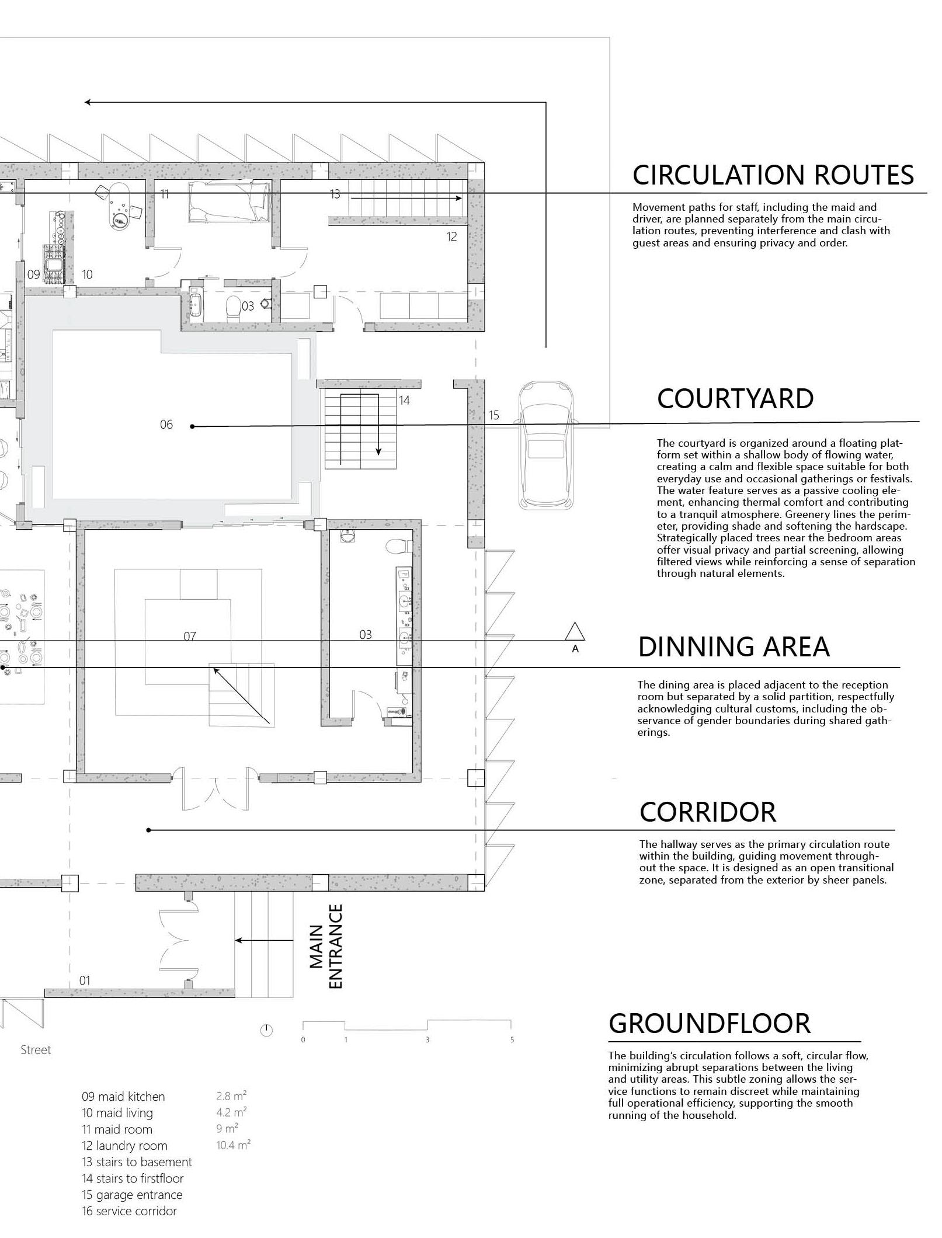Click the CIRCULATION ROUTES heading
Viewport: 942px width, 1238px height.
773,175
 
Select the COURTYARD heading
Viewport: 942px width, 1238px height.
735,399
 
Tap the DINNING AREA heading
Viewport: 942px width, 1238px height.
734,647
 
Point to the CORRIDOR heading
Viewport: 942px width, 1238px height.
708,812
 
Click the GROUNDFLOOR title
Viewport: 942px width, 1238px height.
710,1024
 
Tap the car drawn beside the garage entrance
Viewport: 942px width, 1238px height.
545,444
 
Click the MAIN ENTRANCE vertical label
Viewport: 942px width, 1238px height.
326,946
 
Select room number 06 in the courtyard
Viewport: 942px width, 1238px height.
166,425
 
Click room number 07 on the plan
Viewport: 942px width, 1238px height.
190,636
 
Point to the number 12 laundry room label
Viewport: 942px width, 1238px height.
451,237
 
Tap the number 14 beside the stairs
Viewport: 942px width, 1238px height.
404,400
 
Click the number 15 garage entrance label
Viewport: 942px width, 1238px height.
493,415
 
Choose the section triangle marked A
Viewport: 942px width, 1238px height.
575,632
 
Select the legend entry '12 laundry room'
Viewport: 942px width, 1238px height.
124,1146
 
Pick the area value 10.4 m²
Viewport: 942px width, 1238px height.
233,1145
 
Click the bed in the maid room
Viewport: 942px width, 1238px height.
230,201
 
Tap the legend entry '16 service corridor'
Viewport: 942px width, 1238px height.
129,1211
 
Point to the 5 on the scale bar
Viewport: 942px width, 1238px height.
512,1040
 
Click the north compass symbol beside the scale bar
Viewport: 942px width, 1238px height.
266,1031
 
